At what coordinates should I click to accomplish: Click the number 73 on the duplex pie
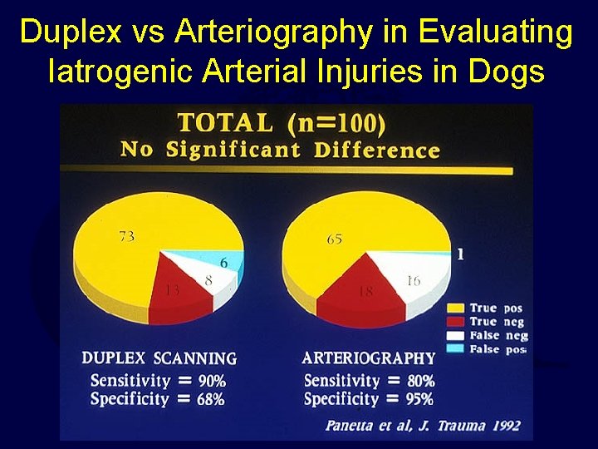(x=126, y=236)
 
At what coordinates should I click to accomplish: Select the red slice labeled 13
(x=172, y=288)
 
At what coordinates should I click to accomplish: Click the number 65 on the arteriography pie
(x=334, y=239)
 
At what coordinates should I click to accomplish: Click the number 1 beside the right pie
(x=460, y=255)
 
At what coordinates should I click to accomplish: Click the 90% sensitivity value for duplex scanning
(x=211, y=381)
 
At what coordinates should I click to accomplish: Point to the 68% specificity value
(x=211, y=399)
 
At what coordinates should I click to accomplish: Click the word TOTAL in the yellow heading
(x=225, y=123)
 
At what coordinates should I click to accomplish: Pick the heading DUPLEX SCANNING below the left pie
(x=159, y=358)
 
